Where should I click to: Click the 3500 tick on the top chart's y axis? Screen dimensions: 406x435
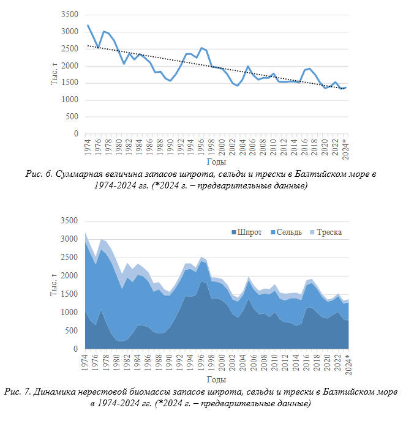(x=70, y=15)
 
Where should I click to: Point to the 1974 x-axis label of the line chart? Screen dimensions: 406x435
(x=88, y=147)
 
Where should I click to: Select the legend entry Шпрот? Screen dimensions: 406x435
(x=247, y=232)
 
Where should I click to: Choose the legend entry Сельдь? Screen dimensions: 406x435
(x=287, y=232)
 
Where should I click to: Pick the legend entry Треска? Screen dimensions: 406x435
(x=326, y=232)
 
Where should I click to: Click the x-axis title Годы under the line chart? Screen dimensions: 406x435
(x=216, y=162)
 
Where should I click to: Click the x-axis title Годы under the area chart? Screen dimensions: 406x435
(x=216, y=379)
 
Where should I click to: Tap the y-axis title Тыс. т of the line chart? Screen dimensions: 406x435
(x=54, y=74)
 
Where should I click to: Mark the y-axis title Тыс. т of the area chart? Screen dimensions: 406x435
(x=54, y=284)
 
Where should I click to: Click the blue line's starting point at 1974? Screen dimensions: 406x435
(x=88, y=25)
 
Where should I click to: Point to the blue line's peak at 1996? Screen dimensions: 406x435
(x=201, y=48)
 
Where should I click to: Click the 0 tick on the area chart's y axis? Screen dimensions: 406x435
(x=75, y=349)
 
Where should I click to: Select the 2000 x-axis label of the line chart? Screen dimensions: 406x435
(x=222, y=147)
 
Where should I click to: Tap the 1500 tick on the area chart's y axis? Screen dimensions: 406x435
(x=69, y=294)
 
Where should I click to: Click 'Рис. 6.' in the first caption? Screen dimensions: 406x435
(x=39, y=174)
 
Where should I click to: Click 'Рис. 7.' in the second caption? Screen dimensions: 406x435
(x=17, y=392)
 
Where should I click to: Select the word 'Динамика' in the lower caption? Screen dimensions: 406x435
(x=54, y=392)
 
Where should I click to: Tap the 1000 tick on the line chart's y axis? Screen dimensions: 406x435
(x=70, y=100)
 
